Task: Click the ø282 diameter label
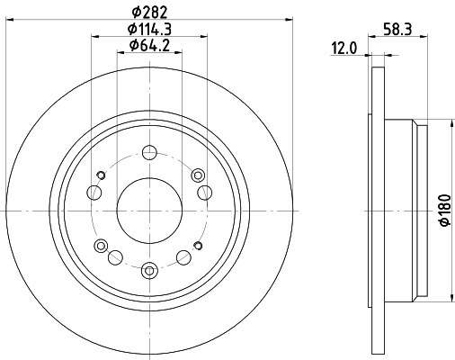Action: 148,11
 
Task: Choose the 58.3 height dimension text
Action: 392,30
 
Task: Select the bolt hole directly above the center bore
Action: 148,152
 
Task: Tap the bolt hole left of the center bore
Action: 94,191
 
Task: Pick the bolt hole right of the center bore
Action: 204,191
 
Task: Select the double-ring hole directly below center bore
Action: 148,267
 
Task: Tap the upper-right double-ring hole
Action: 197,174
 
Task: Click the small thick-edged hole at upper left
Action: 101,174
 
